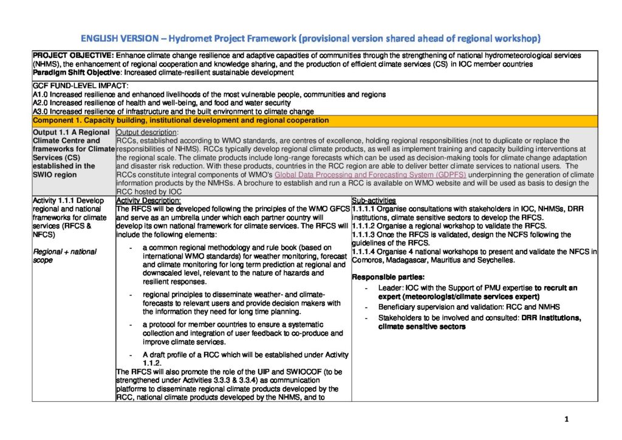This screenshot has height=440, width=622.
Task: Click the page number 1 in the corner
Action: click(x=566, y=419)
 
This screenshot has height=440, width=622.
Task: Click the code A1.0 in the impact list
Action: click(x=40, y=94)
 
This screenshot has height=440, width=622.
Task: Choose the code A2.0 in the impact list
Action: click(x=40, y=103)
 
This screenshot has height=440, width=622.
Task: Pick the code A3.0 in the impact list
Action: click(x=40, y=111)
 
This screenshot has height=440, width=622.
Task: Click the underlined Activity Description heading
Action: click(x=148, y=201)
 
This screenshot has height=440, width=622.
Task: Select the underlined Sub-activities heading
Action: click(x=374, y=201)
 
